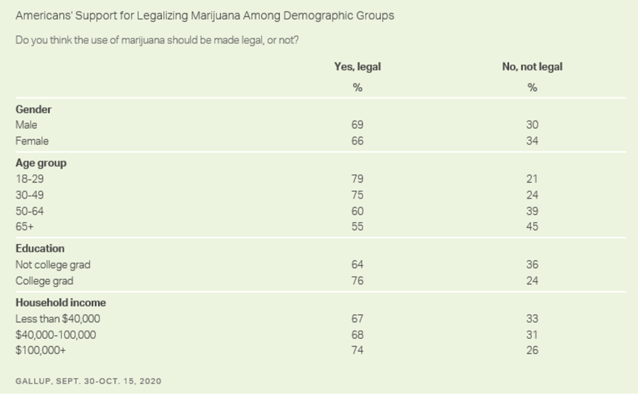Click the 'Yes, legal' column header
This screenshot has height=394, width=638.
tap(357, 67)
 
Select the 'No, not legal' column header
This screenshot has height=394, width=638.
tap(532, 67)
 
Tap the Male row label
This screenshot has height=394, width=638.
tap(26, 125)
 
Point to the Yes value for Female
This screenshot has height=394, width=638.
tap(357, 141)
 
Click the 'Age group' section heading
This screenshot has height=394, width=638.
tap(41, 163)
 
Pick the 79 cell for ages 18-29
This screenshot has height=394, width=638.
tap(357, 180)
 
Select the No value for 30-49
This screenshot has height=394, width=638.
tap(531, 195)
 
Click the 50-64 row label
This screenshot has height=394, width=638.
tap(30, 211)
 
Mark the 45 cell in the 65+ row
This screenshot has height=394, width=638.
tap(531, 227)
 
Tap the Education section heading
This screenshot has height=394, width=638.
tap(40, 248)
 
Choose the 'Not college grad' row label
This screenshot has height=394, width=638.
tap(53, 264)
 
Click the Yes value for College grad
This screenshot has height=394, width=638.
tap(357, 281)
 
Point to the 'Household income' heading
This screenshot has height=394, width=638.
tap(60, 302)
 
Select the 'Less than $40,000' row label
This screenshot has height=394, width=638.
tap(58, 319)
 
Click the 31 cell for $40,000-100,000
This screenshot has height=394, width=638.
tap(531, 335)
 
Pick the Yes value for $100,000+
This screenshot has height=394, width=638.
tap(357, 350)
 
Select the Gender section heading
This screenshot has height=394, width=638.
tap(34, 109)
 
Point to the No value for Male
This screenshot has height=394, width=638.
tap(531, 125)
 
